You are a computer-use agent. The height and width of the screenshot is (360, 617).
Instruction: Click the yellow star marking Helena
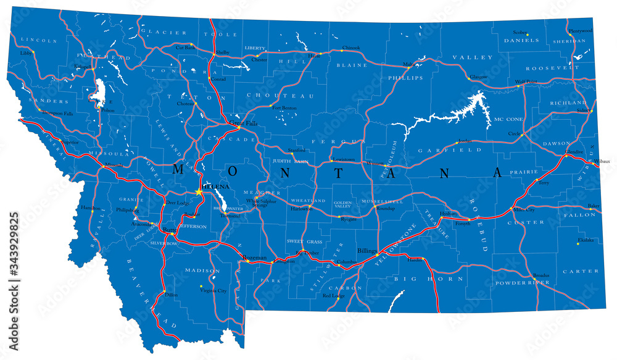point(199,193)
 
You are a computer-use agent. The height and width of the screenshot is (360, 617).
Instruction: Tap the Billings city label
point(366,251)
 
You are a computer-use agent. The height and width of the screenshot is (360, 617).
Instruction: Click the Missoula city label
point(113,165)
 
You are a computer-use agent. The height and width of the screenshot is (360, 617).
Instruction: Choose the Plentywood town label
point(580,30)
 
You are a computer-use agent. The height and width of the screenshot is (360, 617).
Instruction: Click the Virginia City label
point(214,290)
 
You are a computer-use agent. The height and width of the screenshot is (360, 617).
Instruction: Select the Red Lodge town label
point(333,296)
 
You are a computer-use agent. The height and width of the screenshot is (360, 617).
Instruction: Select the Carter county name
point(580,270)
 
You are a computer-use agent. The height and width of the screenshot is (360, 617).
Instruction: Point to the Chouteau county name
point(280,96)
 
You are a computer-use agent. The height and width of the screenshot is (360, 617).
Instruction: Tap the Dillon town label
point(171,295)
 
